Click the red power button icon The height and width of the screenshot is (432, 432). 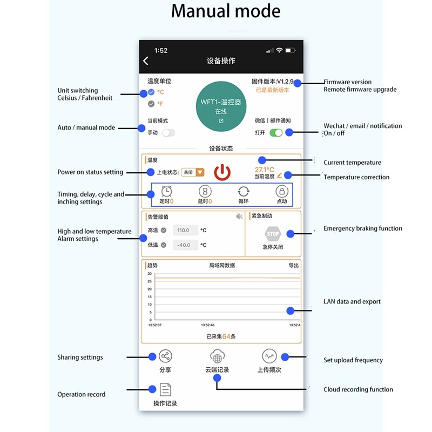click(x=222, y=173)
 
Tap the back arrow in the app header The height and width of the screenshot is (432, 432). click(x=146, y=61)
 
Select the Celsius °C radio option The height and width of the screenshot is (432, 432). click(x=151, y=92)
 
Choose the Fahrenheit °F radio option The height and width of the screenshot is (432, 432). click(x=151, y=104)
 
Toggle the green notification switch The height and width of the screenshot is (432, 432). click(x=276, y=132)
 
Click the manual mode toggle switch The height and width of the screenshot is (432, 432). click(x=168, y=132)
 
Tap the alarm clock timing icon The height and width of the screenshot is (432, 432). click(x=167, y=191)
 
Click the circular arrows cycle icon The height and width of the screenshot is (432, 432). click(x=244, y=191)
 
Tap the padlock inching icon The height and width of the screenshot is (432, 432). click(x=282, y=191)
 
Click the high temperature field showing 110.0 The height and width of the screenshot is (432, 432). click(x=184, y=231)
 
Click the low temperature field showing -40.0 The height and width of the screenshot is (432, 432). click(x=184, y=245)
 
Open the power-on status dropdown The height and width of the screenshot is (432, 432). click(x=193, y=172)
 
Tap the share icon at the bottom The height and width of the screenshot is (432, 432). click(x=165, y=356)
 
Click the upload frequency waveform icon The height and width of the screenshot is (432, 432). click(x=269, y=356)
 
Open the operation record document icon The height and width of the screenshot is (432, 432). click(x=165, y=389)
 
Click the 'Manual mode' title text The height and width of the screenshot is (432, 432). click(x=226, y=11)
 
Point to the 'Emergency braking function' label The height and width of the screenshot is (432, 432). click(x=362, y=228)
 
